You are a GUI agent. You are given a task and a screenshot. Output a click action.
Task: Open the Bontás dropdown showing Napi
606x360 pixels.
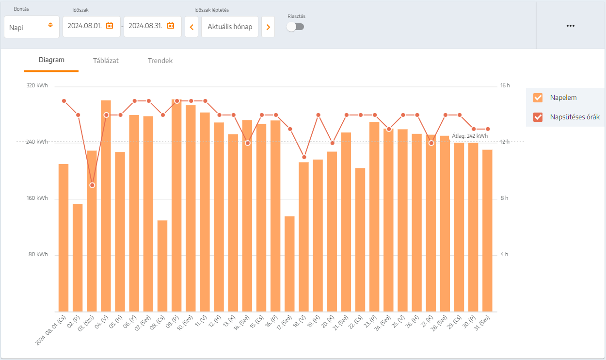tap(32, 27)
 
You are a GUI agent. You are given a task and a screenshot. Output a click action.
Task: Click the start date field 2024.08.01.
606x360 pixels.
tap(85, 26)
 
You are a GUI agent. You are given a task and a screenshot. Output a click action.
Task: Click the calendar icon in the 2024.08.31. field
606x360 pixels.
tap(171, 26)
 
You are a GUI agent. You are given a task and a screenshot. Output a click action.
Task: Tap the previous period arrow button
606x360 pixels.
tap(191, 27)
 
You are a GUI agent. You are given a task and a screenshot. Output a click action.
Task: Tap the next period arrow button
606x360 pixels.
tap(268, 27)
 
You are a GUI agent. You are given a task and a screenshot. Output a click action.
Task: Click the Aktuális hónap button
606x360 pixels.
tap(230, 27)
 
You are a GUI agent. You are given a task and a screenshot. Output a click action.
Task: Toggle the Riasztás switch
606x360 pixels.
tap(295, 27)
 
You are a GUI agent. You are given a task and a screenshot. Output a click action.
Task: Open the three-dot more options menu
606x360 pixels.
tap(571, 26)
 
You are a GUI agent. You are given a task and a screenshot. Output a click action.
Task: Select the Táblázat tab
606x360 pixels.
tap(106, 61)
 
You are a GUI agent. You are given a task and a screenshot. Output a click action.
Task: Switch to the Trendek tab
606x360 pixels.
tap(160, 61)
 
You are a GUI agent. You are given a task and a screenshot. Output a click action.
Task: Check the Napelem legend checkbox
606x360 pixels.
tap(538, 98)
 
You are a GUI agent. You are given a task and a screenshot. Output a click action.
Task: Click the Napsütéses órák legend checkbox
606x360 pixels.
tap(538, 117)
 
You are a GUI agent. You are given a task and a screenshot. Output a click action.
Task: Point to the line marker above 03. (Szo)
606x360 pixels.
tap(92, 185)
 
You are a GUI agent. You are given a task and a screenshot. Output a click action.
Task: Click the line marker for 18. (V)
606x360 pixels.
tap(304, 157)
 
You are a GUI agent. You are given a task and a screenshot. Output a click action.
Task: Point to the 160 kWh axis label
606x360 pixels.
tap(37, 198)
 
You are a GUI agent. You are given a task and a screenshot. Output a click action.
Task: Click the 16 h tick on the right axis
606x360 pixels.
tap(505, 85)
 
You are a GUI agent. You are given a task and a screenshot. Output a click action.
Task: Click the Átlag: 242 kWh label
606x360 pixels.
tap(470, 136)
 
